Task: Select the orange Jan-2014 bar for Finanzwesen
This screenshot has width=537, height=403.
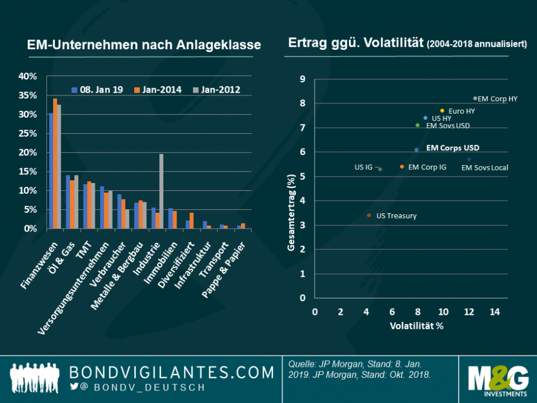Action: tap(55, 163)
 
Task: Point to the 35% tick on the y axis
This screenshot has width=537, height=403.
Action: tap(28, 95)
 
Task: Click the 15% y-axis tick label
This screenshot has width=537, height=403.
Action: tap(28, 171)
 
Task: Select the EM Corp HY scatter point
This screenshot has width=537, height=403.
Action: tap(475, 98)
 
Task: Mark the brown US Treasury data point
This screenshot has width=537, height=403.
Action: tap(368, 216)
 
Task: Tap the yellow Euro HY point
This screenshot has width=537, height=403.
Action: tap(442, 110)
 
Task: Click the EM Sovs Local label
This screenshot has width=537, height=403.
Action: tap(484, 167)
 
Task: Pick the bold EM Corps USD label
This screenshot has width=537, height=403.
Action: tap(453, 147)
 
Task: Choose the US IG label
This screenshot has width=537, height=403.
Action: tap(363, 167)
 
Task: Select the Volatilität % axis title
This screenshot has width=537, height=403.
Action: tap(416, 326)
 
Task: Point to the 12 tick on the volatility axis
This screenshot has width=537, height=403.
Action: tap(468, 312)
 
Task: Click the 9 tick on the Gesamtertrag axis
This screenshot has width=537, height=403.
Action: tap(303, 79)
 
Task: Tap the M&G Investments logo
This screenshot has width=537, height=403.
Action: tap(498, 379)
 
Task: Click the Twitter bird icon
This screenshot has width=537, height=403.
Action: tap(74, 387)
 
